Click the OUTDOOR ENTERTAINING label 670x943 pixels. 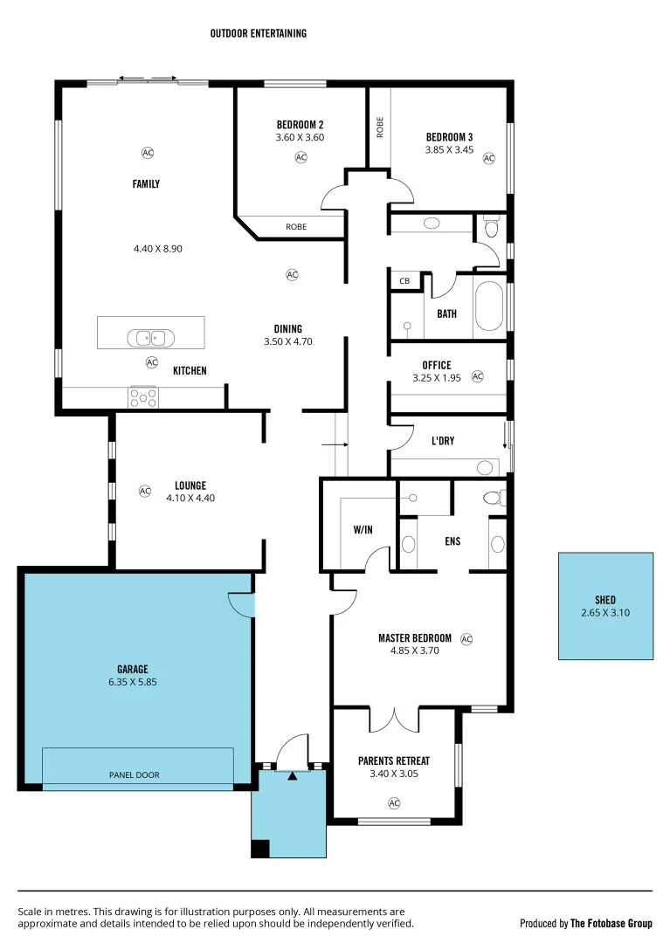pos(258,33)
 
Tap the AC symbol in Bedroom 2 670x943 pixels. pos(300,157)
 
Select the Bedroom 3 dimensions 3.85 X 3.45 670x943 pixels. pos(449,150)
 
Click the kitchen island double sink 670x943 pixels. pos(151,337)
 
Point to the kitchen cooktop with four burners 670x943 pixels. pos(144,397)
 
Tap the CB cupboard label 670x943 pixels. pos(404,281)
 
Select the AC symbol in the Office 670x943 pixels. pos(477,376)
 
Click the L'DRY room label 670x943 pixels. pos(443,441)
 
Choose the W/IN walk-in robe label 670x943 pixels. pos(363,529)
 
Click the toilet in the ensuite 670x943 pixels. pos(493,498)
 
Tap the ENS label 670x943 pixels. pos(452,541)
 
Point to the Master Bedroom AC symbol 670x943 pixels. pos(466,639)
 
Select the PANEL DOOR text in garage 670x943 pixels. pos(134,774)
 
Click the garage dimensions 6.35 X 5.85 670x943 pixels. pos(134,683)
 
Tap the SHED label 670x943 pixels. pos(605,600)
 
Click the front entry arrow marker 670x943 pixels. pos(293,774)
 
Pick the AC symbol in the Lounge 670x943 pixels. pos(145,491)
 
